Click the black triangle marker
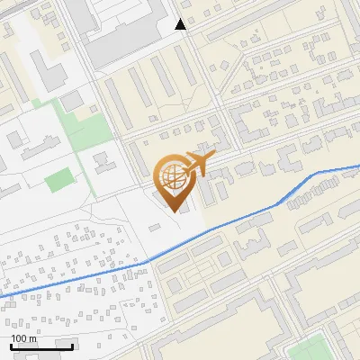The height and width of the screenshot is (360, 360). point(181,24)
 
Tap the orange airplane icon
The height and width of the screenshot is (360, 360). point(195,162)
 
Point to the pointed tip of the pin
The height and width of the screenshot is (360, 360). point(172,211)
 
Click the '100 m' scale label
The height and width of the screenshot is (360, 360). point(23,338)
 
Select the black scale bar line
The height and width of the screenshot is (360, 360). point(41,346)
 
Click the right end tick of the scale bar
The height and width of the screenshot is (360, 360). point(73,345)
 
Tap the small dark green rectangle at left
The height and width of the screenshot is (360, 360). point(58,180)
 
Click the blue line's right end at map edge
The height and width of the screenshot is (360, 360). point(358,166)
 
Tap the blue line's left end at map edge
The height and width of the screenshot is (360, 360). point(2,296)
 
